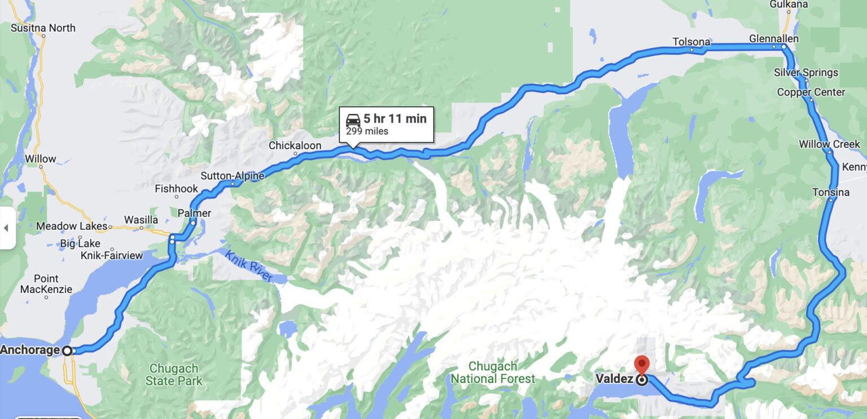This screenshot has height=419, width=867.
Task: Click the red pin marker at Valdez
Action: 642,364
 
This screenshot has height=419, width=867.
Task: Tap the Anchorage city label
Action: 30,350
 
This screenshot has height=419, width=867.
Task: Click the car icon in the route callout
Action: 353,120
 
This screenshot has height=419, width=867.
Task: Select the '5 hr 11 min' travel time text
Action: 395,119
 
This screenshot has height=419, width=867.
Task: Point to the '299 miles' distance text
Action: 367,132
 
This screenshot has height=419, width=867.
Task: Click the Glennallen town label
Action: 773,39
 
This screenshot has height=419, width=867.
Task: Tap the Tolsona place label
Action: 691,42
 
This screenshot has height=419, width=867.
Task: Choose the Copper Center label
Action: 811,92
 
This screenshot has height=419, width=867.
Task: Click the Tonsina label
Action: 831,193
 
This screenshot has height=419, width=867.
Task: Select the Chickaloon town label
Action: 295,146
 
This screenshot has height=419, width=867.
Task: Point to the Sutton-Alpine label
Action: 232,176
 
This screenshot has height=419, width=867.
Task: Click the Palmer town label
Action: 194,213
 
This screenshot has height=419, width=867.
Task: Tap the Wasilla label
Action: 141,219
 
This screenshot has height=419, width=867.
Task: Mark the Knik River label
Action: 249,267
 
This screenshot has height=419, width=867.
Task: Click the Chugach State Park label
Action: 174,374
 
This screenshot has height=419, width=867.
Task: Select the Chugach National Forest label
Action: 493,373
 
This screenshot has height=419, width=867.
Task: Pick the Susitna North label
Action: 43,28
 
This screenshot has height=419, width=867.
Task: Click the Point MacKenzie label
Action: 46,284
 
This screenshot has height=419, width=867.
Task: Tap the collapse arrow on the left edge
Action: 6,228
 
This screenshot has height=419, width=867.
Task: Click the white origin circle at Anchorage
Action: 67,351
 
